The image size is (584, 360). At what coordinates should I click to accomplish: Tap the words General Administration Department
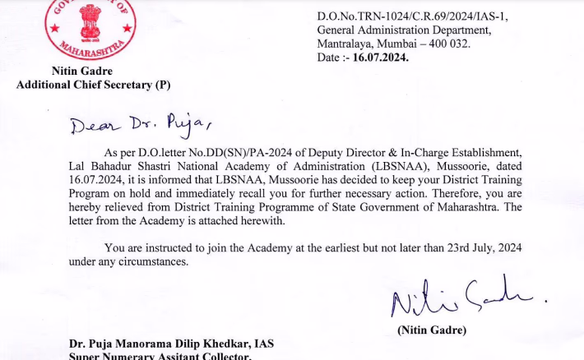click(x=393, y=30)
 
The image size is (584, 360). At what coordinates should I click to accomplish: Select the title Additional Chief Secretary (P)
click(x=93, y=85)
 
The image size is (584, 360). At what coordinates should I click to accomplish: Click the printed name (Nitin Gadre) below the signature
click(x=432, y=330)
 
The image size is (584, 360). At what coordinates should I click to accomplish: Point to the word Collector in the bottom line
click(x=225, y=357)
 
